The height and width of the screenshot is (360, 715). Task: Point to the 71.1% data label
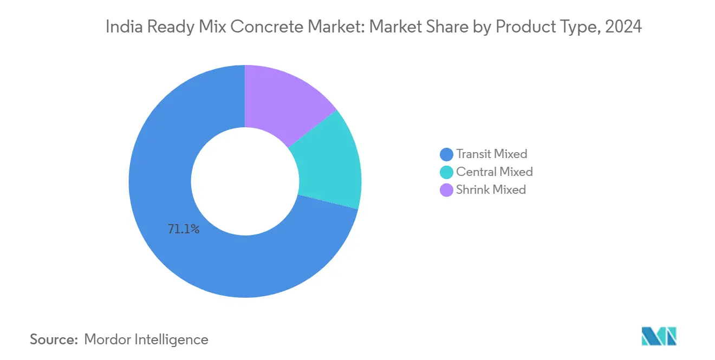pyautogui.click(x=184, y=230)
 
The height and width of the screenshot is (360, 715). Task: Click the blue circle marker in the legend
pyautogui.click(x=447, y=155)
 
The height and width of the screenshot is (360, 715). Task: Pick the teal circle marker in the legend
pyautogui.click(x=447, y=173)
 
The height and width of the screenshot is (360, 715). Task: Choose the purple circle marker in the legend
pyautogui.click(x=447, y=190)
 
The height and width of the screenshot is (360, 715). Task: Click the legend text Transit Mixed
pyautogui.click(x=491, y=154)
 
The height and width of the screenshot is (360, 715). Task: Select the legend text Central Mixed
pyautogui.click(x=494, y=172)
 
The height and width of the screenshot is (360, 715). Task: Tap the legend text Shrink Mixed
pyautogui.click(x=491, y=190)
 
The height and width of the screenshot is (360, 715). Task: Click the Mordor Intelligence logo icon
pyautogui.click(x=659, y=336)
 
